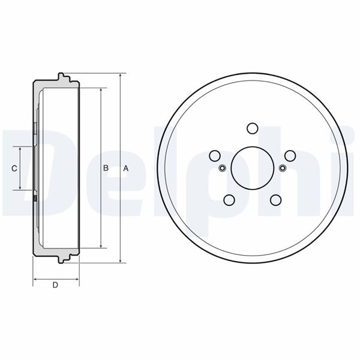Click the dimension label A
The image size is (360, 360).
click(x=126, y=169)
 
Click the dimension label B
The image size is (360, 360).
click(x=106, y=168)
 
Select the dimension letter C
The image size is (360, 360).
click(x=14, y=169)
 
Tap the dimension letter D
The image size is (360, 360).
click(x=55, y=285)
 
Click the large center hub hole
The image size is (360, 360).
click(x=253, y=168)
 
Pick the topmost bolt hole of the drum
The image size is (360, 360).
click(x=253, y=128)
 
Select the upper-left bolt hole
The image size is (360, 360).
click(x=215, y=156)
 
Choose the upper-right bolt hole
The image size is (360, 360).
click(x=290, y=156)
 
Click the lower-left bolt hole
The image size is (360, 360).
click(x=229, y=200)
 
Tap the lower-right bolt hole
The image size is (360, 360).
click(x=276, y=200)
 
